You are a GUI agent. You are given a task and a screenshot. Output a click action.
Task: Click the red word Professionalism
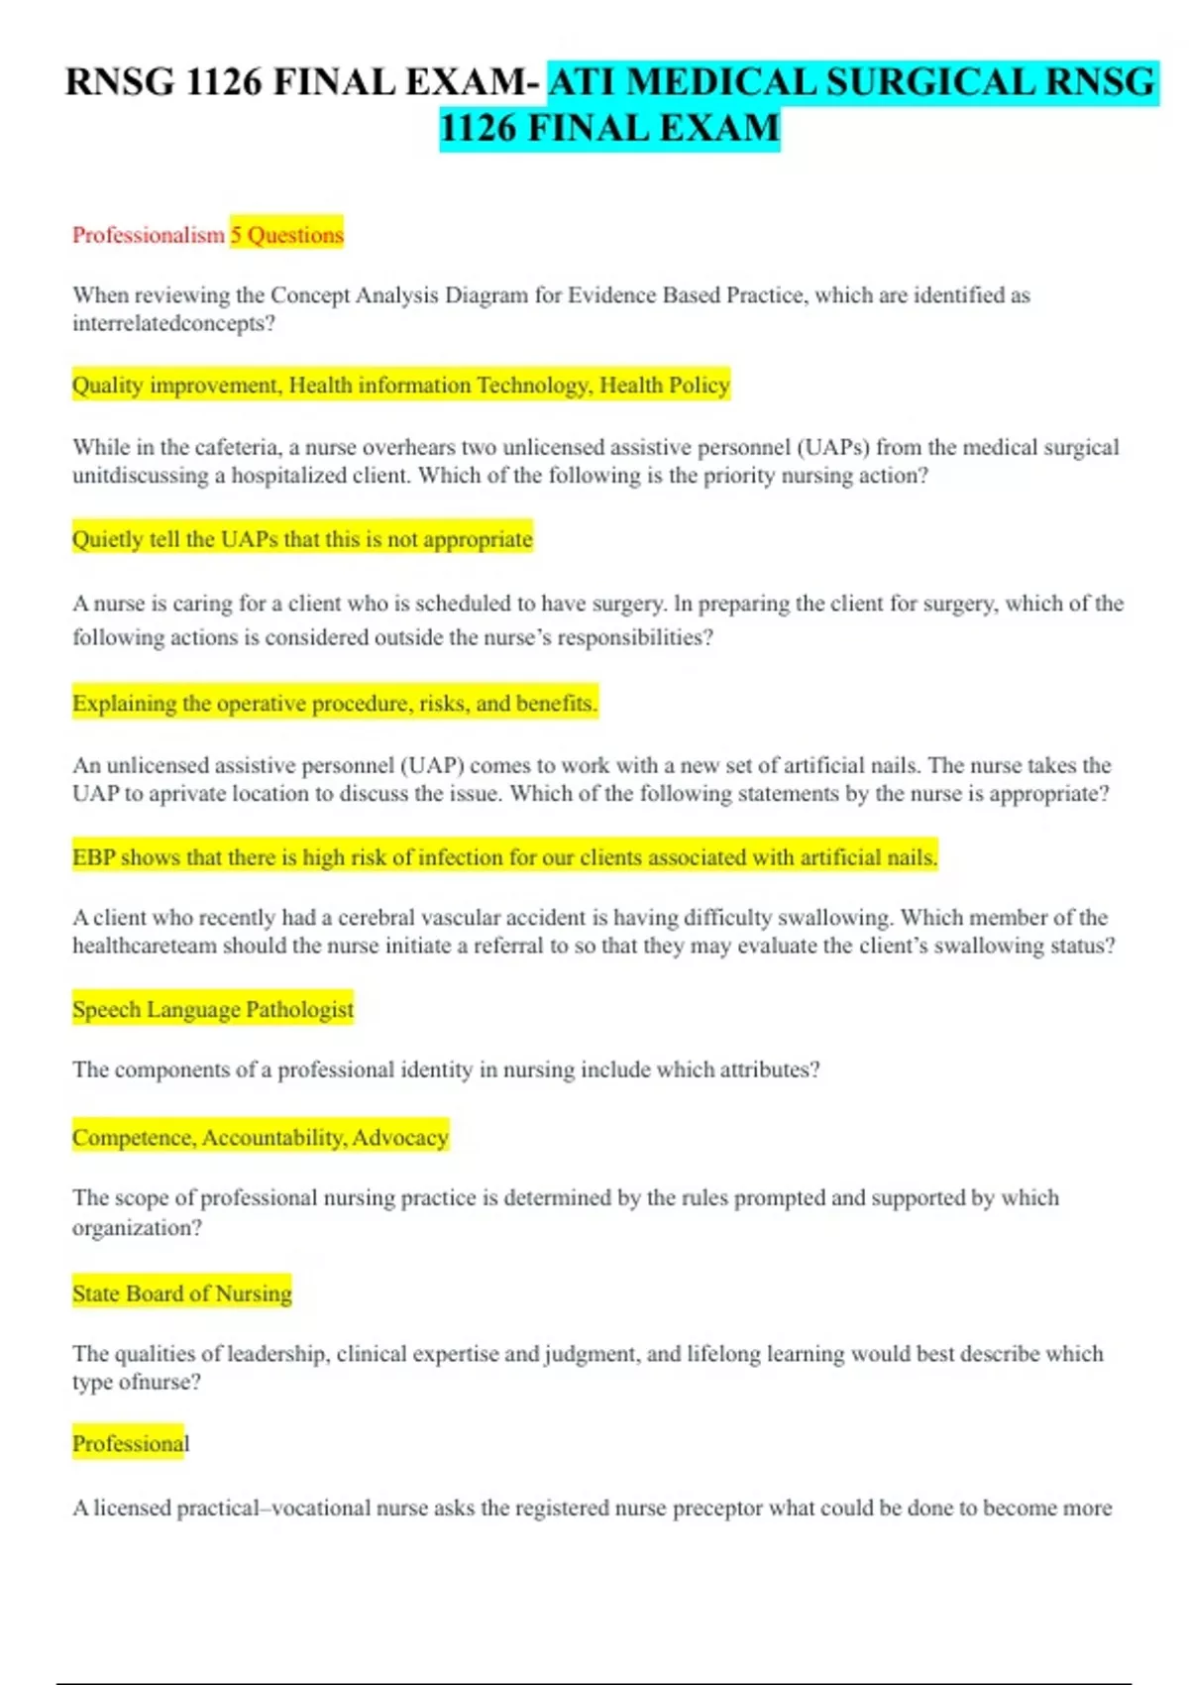click(x=149, y=235)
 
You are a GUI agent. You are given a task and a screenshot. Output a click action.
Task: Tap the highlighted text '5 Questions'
click(x=287, y=235)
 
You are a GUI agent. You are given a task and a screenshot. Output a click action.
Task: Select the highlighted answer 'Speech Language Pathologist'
click(x=213, y=1009)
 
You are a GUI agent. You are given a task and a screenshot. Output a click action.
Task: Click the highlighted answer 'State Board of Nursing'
click(x=182, y=1293)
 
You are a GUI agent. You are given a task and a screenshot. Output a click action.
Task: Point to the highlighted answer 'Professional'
click(x=131, y=1443)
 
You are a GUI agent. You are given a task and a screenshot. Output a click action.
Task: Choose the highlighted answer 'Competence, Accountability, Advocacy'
click(x=261, y=1137)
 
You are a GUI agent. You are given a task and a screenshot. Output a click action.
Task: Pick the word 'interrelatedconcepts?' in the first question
click(x=173, y=323)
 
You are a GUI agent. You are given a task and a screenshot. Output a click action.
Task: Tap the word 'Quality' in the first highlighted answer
click(x=107, y=385)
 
